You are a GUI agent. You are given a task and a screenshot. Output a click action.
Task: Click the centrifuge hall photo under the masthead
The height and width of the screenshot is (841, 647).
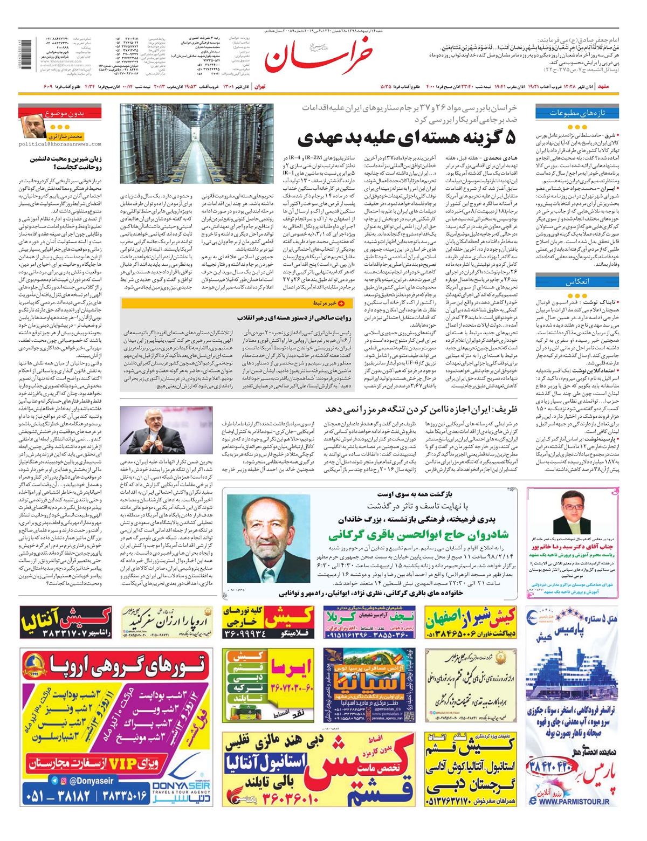pyautogui.click(x=197, y=144)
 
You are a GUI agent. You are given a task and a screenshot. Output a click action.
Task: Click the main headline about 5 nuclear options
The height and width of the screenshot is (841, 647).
pyautogui.click(x=407, y=137)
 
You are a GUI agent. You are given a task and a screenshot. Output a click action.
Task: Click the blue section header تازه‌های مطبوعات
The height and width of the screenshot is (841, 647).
pyautogui.click(x=577, y=113)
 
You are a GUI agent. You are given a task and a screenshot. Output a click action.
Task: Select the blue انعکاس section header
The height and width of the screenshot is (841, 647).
pyautogui.click(x=577, y=282)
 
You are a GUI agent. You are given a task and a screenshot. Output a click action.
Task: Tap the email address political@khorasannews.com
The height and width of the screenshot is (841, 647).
pyautogui.click(x=59, y=144)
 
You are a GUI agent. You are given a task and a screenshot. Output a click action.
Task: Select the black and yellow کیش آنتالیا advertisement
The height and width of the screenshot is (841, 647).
pyautogui.click(x=65, y=622)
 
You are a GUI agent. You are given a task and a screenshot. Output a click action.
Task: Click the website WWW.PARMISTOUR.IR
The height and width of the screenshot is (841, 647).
pyautogui.click(x=575, y=802)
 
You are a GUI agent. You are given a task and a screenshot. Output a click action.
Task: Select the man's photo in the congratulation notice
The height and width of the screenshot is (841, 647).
pyautogui.click(x=571, y=511)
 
